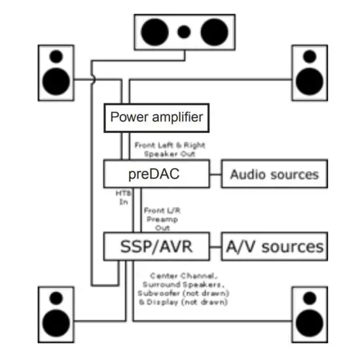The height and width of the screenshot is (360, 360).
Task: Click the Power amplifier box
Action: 156,118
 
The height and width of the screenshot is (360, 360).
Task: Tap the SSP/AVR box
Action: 156,246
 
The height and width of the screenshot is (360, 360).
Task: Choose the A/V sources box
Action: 274,246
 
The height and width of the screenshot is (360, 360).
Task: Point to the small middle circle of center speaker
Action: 184,31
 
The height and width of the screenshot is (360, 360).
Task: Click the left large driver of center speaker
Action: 156,31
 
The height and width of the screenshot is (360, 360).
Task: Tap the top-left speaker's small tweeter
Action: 56,57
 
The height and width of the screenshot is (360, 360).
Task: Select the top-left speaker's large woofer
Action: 56,80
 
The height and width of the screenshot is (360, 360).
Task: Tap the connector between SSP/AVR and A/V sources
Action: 215,246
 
